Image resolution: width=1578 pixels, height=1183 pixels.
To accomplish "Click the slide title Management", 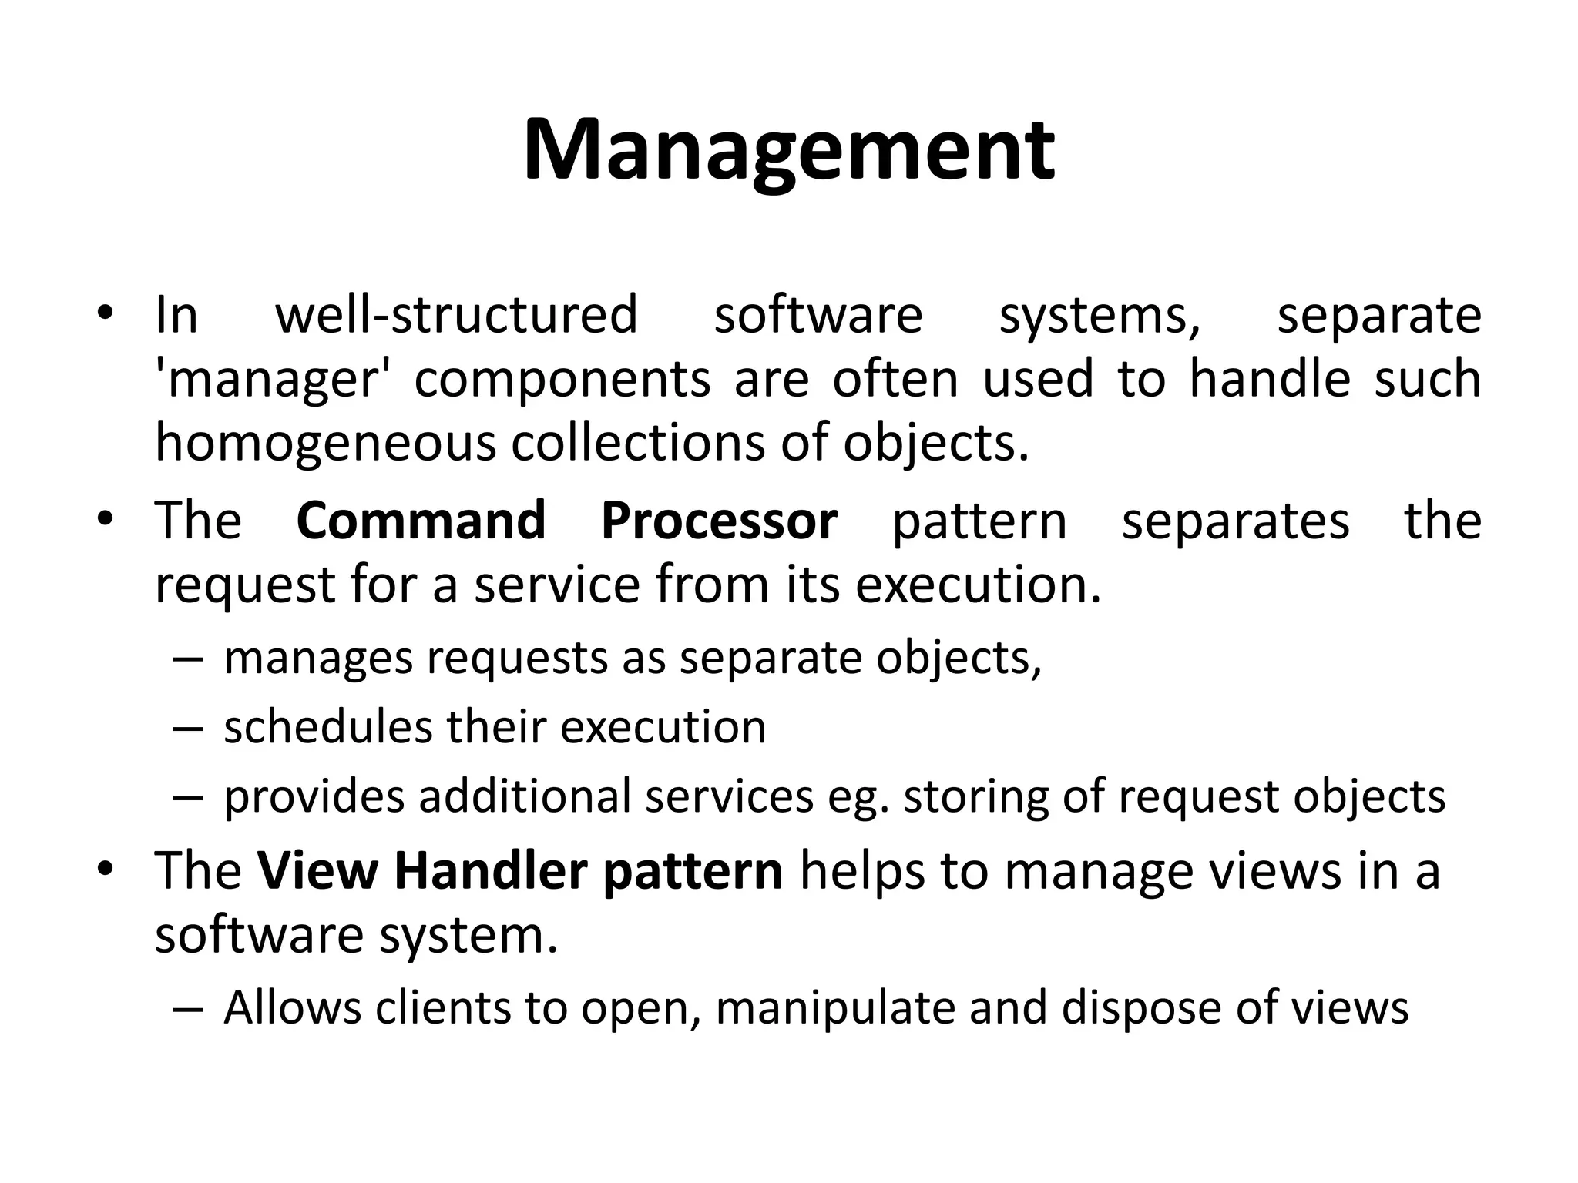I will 788,150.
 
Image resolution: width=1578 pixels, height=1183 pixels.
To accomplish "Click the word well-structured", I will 457,316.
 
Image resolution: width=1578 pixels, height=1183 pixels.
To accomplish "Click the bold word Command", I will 421,521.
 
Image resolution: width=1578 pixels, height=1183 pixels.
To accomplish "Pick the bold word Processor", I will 719,521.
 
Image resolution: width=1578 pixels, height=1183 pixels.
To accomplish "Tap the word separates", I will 1235,521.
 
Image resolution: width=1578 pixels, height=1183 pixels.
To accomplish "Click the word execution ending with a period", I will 979,585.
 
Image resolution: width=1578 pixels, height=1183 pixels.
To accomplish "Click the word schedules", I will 327,727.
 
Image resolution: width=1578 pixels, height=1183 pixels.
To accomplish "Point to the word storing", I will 976,796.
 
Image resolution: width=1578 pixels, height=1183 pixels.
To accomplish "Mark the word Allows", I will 292,1007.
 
